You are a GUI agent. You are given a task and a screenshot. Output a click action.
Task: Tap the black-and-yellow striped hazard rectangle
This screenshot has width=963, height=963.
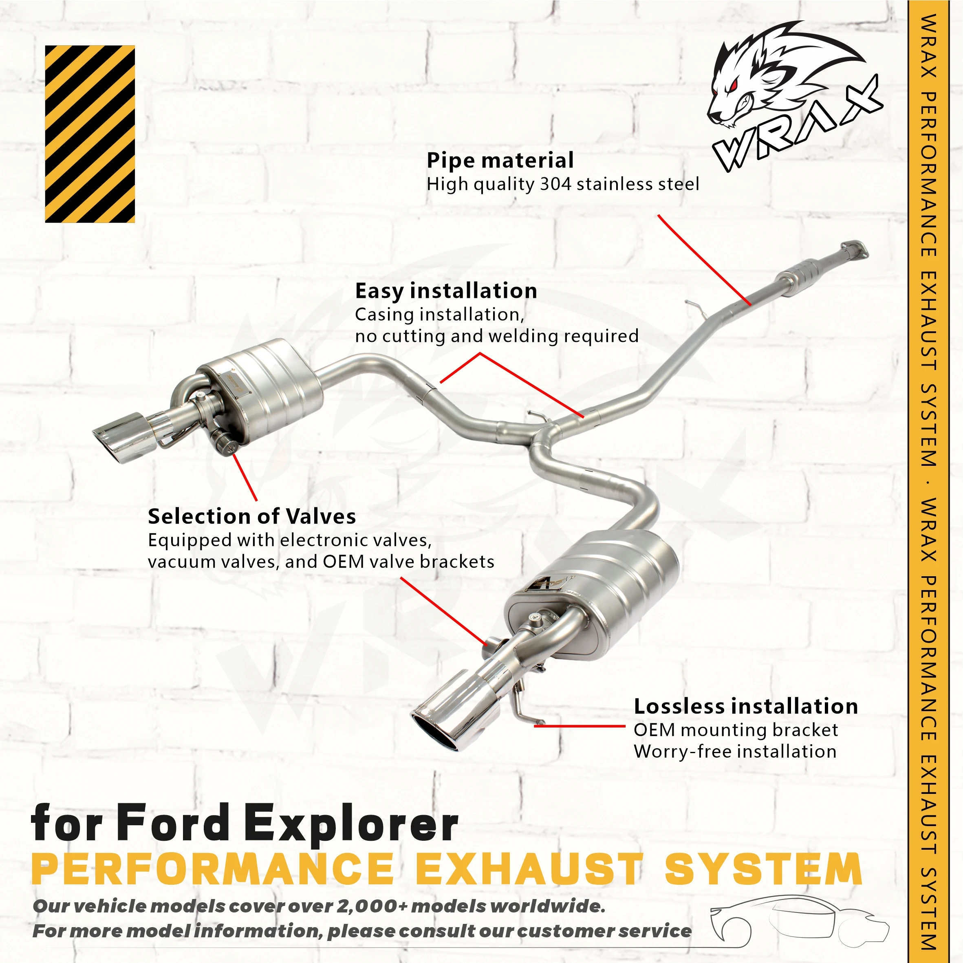click(x=90, y=134)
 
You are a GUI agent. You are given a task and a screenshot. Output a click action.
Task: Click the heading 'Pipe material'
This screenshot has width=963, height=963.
click(x=500, y=161)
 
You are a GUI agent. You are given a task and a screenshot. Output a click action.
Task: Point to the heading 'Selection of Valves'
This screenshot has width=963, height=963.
click(x=252, y=516)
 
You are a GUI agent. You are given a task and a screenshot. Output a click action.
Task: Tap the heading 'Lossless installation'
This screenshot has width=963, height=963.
click(x=746, y=706)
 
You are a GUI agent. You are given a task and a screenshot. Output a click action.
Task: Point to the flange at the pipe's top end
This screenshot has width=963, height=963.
click(x=853, y=250)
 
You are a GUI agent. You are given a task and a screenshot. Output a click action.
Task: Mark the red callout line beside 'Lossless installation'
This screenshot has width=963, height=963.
click(x=579, y=726)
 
